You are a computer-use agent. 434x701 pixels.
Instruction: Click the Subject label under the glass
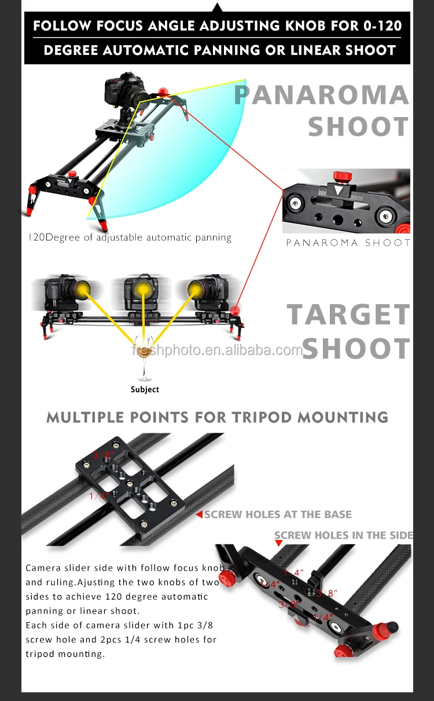click(145, 389)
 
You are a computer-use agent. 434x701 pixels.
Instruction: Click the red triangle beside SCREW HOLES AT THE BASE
click(198, 514)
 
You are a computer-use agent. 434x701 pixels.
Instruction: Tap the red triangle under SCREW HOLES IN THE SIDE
click(278, 543)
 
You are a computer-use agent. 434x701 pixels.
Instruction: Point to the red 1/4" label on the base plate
click(99, 496)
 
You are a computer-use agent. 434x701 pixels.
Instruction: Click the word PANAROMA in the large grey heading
click(321, 95)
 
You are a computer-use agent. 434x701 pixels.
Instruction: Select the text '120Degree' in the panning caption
click(50, 237)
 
